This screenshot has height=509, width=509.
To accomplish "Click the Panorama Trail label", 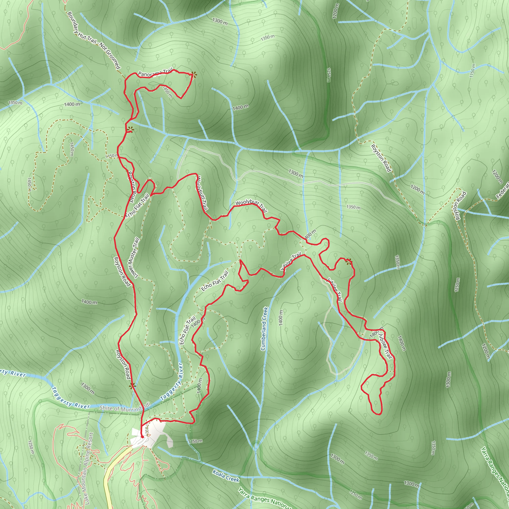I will [155, 73].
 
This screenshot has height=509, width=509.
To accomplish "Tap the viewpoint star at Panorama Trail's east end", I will [194, 75].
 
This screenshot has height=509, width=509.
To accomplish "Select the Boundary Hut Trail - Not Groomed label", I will [94, 40].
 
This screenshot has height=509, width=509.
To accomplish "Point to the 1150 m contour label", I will [472, 71].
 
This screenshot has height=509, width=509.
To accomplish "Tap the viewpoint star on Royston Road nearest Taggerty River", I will [132, 386].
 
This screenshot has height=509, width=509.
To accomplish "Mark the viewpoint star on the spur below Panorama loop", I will [130, 130].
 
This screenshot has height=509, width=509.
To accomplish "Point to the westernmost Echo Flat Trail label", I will [137, 206].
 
